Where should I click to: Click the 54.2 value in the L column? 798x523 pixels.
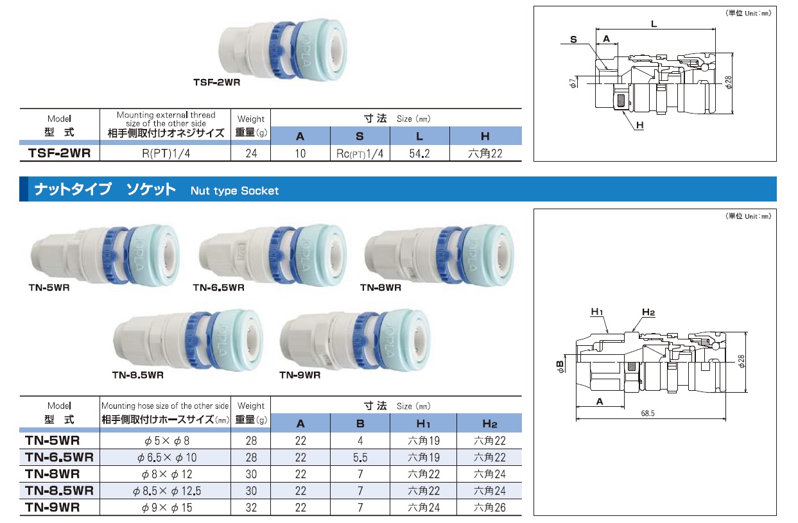coord(419,153)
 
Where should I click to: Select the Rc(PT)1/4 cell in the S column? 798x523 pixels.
coord(360,153)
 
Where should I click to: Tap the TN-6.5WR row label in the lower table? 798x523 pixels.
coord(60,457)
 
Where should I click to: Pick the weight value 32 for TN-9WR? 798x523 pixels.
coord(251,508)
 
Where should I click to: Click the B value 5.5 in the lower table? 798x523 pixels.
coord(360,457)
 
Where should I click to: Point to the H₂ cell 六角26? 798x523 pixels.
coord(489,508)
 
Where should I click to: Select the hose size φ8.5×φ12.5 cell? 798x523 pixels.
coord(167,491)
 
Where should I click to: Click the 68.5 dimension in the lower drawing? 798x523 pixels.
coord(648,413)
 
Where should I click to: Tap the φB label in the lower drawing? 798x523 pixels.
coord(560,366)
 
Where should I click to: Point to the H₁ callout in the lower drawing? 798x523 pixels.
coord(596,312)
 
